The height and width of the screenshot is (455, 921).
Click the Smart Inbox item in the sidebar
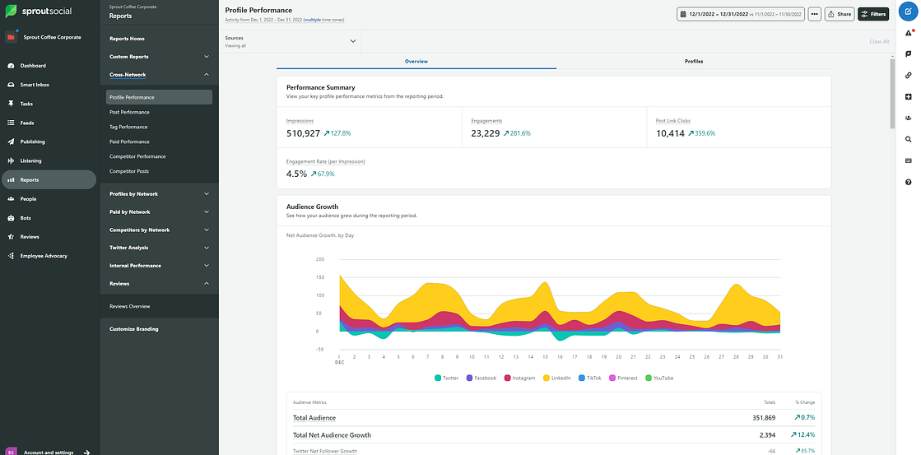(35, 85)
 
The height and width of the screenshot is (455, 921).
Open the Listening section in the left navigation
(30, 160)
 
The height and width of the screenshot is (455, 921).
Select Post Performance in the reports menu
(129, 112)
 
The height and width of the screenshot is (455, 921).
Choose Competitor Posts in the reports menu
(129, 171)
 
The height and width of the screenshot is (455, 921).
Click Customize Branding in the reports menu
(134, 329)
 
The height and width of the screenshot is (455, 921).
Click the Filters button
(872, 14)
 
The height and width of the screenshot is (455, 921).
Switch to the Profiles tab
(693, 62)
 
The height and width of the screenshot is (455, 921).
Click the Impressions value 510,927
(303, 133)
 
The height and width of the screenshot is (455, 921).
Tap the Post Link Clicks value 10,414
(672, 133)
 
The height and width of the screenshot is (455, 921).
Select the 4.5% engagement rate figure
(296, 174)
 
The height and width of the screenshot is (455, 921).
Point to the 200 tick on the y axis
(319, 259)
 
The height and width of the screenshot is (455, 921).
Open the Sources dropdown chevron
(352, 41)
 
